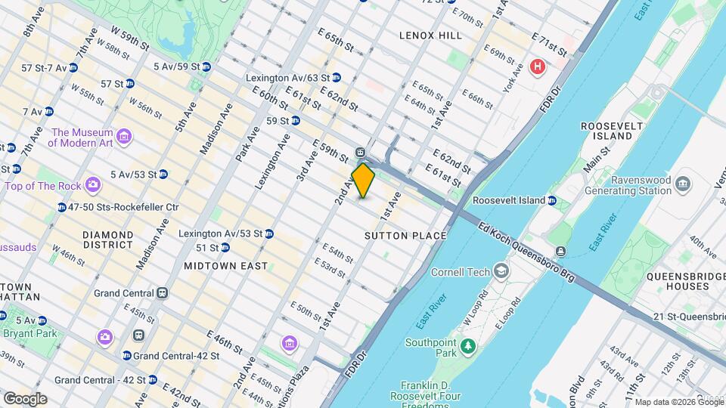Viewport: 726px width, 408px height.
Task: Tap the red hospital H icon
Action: [x=538, y=67]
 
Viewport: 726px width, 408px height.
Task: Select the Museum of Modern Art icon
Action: [x=124, y=138]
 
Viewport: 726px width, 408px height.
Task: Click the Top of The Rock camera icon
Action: [x=92, y=184]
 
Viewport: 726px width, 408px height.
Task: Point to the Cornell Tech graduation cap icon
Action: [x=500, y=271]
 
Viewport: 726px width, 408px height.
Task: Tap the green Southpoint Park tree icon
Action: [x=469, y=346]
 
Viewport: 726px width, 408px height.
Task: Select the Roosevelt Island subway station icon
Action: [x=552, y=200]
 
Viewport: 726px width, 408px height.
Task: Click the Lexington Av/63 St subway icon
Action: [x=337, y=77]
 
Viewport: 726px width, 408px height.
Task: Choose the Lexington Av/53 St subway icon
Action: [x=268, y=233]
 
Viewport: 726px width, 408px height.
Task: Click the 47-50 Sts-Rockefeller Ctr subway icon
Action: [x=61, y=207]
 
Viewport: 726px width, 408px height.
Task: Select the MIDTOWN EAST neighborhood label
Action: [x=225, y=266]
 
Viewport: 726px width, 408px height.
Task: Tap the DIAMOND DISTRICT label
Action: [x=108, y=240]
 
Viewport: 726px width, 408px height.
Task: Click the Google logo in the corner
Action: [x=25, y=398]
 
